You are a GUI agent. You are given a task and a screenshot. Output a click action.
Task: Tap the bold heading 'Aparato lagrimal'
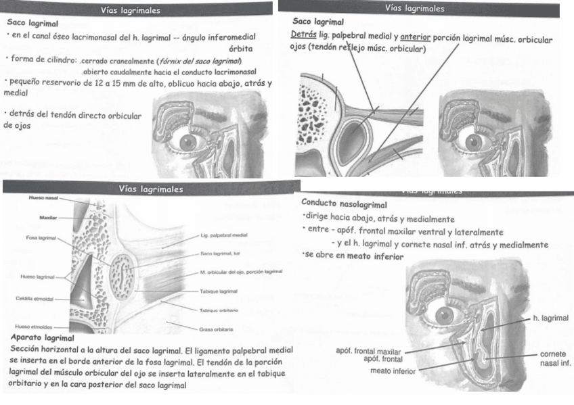click(43, 337)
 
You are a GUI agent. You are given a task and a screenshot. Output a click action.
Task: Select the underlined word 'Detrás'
click(302, 37)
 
